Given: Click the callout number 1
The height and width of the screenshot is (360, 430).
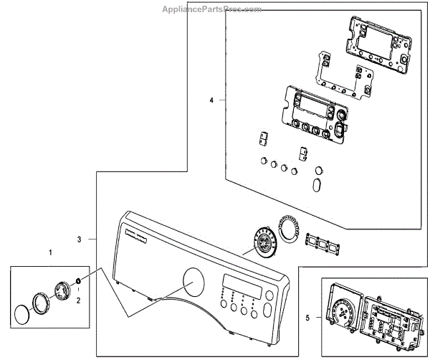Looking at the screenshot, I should coord(50,252).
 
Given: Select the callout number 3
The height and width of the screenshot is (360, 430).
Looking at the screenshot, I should coord(80,239).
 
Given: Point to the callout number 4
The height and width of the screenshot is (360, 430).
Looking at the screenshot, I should coord(211,100).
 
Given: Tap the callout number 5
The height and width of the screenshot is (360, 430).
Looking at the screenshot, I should coord(308,317).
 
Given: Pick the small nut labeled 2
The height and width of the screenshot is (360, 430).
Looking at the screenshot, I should coord(78,280).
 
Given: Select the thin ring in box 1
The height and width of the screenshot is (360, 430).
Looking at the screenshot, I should coord(41,300).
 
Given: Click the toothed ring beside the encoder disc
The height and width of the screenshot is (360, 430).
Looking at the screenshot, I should coord(288,227).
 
